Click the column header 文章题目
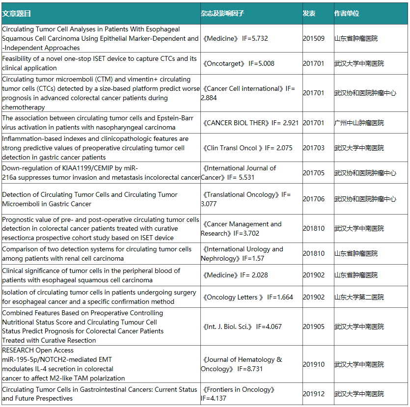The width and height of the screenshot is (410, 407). pyautogui.click(x=16, y=14)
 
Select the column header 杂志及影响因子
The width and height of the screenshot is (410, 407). pyautogui.click(x=222, y=14)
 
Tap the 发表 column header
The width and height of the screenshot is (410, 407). pyautogui.click(x=309, y=14)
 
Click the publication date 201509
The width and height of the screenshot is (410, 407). pyautogui.click(x=313, y=38)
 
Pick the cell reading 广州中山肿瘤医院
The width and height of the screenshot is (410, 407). pyautogui.click(x=359, y=123)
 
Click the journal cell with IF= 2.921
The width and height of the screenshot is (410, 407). pyautogui.click(x=250, y=123)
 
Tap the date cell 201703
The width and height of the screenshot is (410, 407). pyautogui.click(x=313, y=148)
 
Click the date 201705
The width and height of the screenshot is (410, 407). pyautogui.click(x=313, y=173)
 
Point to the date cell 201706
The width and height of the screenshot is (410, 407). pyautogui.click(x=313, y=199)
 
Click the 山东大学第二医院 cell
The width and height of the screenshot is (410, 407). pyautogui.click(x=359, y=297)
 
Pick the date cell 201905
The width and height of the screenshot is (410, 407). pyautogui.click(x=313, y=326)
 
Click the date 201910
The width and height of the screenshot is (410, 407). pyautogui.click(x=313, y=364)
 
